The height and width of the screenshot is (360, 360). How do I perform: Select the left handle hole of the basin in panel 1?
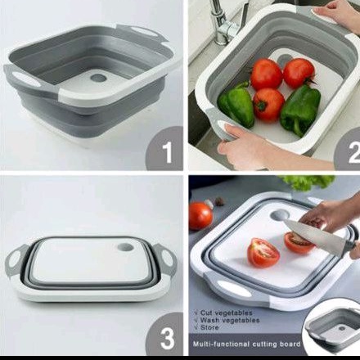24,77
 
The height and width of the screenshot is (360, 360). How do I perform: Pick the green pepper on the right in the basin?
299,109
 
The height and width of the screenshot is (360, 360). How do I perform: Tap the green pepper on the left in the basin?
236,104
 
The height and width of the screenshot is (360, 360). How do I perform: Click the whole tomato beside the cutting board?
200,216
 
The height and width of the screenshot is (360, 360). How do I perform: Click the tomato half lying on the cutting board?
263,252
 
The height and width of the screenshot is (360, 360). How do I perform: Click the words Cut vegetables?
223,313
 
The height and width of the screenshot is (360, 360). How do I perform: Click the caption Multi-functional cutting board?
246,344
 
